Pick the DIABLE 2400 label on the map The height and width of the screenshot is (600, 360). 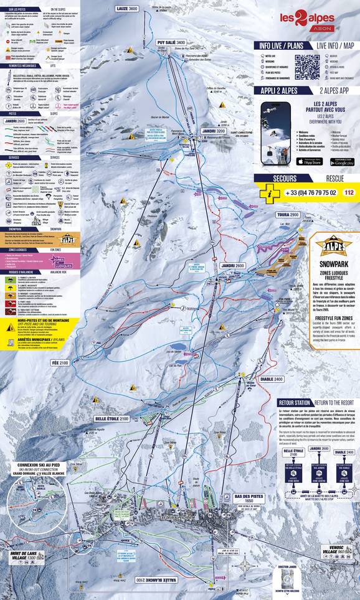click(268, 378)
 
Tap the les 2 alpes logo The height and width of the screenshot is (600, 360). click(306, 21)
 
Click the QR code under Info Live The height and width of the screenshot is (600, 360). click(307, 67)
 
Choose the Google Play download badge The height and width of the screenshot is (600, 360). click(341, 162)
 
